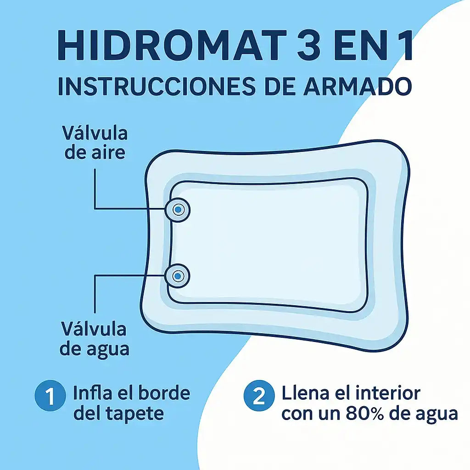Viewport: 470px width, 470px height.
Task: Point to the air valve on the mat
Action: coord(178,209)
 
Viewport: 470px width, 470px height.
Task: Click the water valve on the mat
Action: coord(178,276)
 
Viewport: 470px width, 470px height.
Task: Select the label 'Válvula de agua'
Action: coord(94,339)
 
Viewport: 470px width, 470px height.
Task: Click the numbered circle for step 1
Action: coord(50,395)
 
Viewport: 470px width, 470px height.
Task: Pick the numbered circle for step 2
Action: coord(259,395)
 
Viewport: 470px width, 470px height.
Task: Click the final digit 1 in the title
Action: coord(405,45)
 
